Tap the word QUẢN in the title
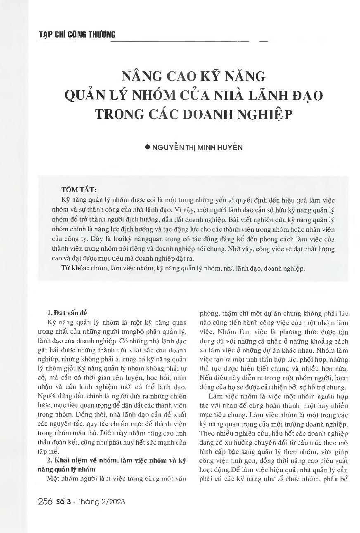click(x=85, y=96)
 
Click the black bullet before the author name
click(x=147, y=147)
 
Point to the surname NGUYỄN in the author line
click(x=167, y=147)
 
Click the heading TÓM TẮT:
click(x=79, y=190)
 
